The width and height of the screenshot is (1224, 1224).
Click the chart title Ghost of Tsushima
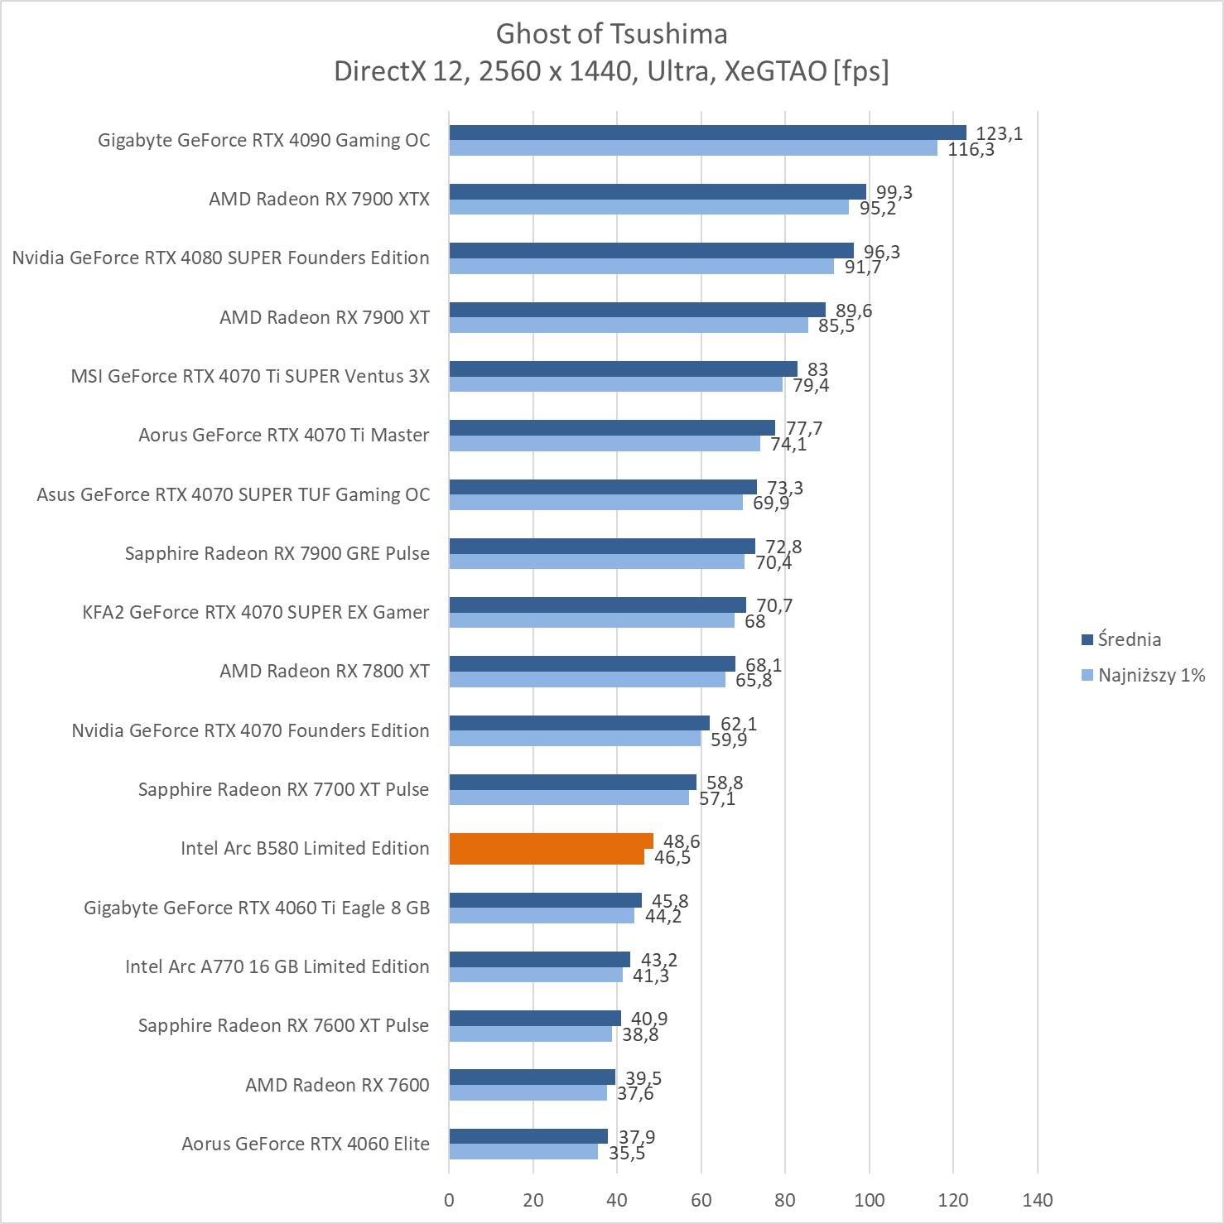pyautogui.click(x=611, y=34)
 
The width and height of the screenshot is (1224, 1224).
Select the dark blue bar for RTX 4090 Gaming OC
pyautogui.click(x=707, y=133)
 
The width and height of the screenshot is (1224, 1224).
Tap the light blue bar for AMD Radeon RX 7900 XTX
pyautogui.click(x=648, y=207)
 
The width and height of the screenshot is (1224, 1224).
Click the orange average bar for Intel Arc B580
pyautogui.click(x=551, y=841)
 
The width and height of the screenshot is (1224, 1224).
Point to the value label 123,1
pyautogui.click(x=999, y=133)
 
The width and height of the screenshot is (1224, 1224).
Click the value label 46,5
pyautogui.click(x=672, y=857)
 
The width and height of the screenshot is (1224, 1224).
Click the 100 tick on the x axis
pyautogui.click(x=869, y=1200)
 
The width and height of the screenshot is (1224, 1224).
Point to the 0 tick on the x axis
pyautogui.click(x=449, y=1200)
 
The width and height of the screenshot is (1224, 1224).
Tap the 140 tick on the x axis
pyautogui.click(x=1038, y=1200)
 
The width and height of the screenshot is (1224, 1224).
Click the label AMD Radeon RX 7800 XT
pyautogui.click(x=325, y=671)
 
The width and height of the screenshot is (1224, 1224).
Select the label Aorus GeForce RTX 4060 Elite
pyautogui.click(x=306, y=1144)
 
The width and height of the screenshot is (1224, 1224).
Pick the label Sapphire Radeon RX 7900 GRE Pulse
pyautogui.click(x=277, y=553)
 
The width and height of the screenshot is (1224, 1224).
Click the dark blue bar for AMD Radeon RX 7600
pyautogui.click(x=532, y=1077)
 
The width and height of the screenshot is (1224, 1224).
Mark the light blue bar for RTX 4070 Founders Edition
pyautogui.click(x=575, y=739)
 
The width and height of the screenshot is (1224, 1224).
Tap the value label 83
pyautogui.click(x=817, y=369)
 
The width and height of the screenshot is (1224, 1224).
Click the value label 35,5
pyautogui.click(x=626, y=1153)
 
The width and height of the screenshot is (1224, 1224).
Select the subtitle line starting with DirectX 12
pyautogui.click(x=611, y=72)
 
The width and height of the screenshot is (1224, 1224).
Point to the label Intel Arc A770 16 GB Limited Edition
pyautogui.click(x=277, y=966)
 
